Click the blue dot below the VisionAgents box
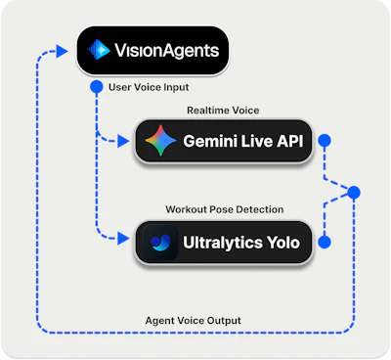pos(96,87)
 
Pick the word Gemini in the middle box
pos(211,143)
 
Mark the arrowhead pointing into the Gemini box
pos(127,143)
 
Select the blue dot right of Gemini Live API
pos(325,143)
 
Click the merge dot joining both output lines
pos(354,192)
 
